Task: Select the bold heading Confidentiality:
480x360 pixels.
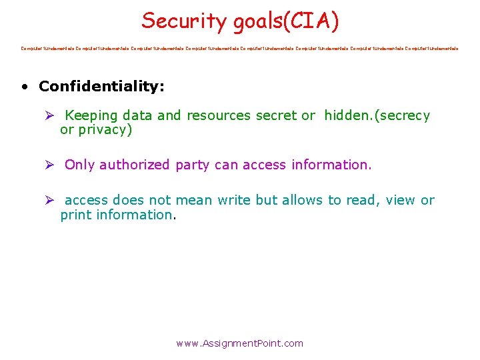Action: point(101,86)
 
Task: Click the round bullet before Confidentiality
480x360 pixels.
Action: point(24,87)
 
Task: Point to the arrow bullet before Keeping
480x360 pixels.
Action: point(49,115)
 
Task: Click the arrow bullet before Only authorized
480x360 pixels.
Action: point(49,165)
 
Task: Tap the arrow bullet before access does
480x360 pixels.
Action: point(49,200)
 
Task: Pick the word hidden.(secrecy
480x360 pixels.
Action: point(377,115)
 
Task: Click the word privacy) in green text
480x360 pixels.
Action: point(105,130)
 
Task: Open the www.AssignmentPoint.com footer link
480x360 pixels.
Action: point(239,343)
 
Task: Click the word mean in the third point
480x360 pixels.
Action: point(203,200)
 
